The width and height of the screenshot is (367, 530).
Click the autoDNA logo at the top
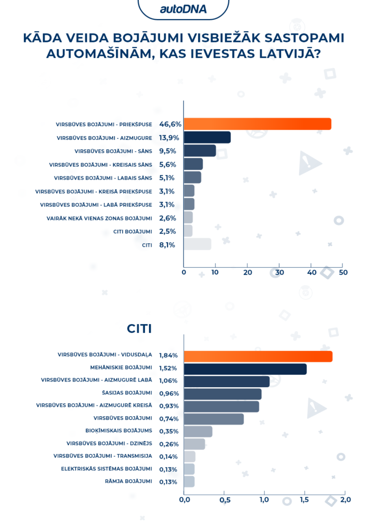click(183, 8)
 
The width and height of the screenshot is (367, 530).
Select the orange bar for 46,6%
click(257, 124)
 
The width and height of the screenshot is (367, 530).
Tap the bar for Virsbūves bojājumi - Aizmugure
click(207, 137)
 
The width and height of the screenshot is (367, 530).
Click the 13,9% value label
click(168, 138)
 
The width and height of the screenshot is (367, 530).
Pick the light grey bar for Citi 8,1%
click(197, 244)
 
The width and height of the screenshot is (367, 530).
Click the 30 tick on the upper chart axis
click(280, 272)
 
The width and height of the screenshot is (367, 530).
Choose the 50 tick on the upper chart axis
click(343, 272)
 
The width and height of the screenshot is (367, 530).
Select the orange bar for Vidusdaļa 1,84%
click(258, 357)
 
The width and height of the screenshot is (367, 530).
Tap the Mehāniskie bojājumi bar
click(245, 369)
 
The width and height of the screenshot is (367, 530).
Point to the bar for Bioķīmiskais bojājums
click(198, 432)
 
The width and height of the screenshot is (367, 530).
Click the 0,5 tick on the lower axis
click(224, 500)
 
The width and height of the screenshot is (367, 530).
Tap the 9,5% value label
click(168, 151)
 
